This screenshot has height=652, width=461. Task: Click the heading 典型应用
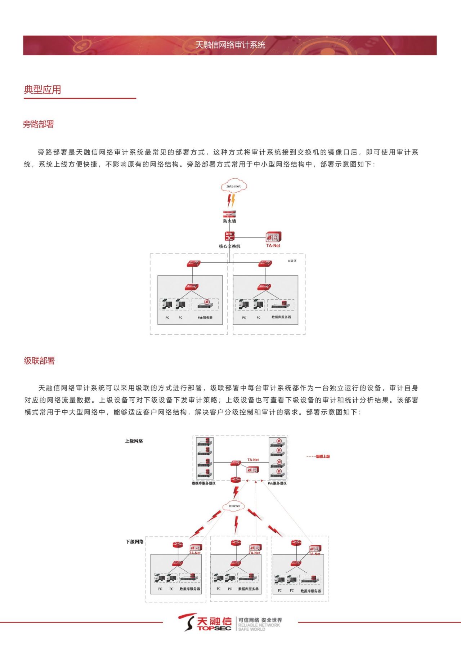click(x=42, y=90)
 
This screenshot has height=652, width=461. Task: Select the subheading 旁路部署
click(x=39, y=124)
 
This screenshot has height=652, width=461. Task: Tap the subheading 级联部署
click(x=39, y=361)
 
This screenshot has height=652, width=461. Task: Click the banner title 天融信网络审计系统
click(x=230, y=45)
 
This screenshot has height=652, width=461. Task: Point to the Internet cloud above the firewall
click(x=234, y=186)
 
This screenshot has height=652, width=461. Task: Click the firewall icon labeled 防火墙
click(x=229, y=214)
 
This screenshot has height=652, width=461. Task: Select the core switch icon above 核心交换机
click(x=229, y=236)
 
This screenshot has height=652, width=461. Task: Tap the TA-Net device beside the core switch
click(x=273, y=237)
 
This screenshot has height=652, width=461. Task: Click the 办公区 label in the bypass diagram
click(x=292, y=261)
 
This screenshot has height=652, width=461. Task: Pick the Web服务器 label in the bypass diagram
click(x=205, y=318)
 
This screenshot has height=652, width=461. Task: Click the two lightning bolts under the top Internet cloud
click(x=231, y=200)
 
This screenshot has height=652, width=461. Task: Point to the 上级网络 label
click(x=134, y=441)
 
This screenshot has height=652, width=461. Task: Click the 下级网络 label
click(x=135, y=541)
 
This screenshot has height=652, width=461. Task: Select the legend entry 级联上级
click(x=323, y=456)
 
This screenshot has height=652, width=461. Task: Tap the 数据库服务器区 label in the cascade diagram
click(x=203, y=483)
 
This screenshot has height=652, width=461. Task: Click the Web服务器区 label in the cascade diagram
click(x=277, y=483)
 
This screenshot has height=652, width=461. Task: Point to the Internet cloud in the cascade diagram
click(x=234, y=506)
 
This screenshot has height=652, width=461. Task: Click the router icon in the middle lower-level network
click(x=236, y=543)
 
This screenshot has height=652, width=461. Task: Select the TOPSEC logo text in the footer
click(x=214, y=628)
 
